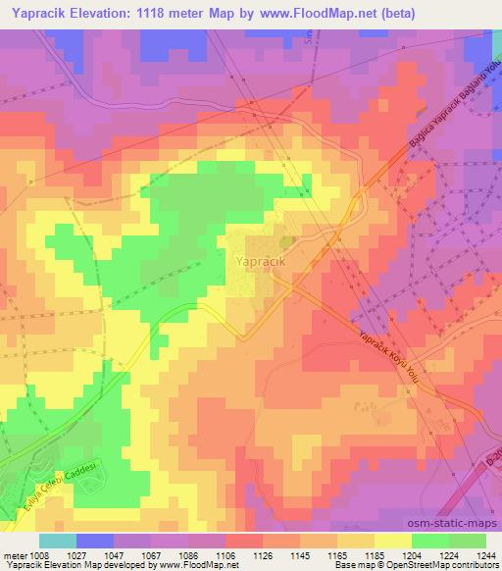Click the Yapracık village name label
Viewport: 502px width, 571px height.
tap(260, 262)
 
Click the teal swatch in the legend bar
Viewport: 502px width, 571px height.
tap(58, 541)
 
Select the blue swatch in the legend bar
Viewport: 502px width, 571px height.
tap(95, 541)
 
